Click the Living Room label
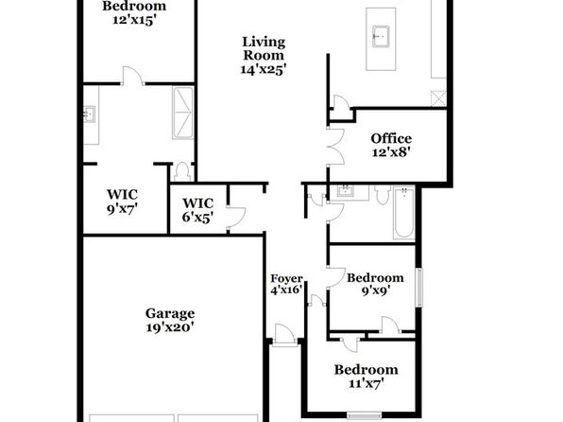pos(264,56)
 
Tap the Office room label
pos(391,146)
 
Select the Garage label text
pos(170,320)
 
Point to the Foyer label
pos(286,284)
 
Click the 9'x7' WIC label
pos(122,202)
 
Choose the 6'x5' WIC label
pos(197,210)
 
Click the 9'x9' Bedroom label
pos(375,284)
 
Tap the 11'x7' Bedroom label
pos(366,377)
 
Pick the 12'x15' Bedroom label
pos(134,12)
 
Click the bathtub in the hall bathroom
pos(403,213)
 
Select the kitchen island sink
pos(381,36)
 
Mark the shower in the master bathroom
pos(182,113)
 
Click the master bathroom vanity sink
pos(89,114)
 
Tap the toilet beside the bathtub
pos(382,195)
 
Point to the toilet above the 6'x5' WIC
pos(182,172)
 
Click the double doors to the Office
pos(335,146)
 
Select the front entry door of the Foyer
pos(284,335)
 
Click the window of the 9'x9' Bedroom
pos(419,288)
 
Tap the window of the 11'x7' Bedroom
pos(365,415)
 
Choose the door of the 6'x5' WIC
pos(236,218)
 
